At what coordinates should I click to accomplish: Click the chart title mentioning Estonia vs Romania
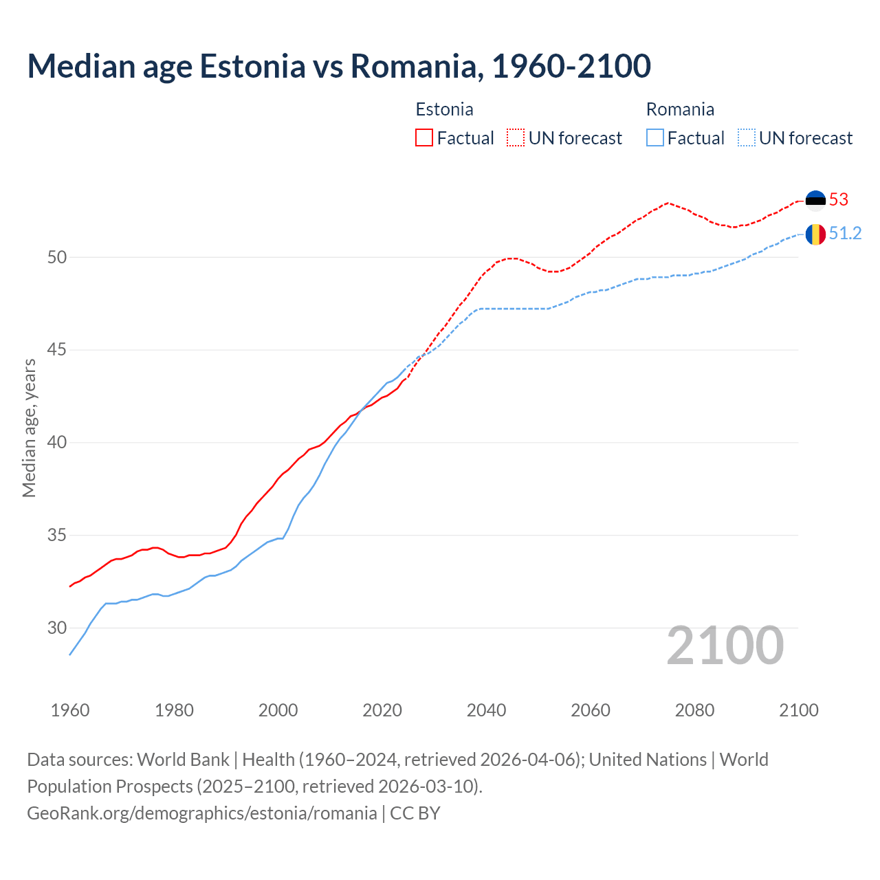click(x=339, y=66)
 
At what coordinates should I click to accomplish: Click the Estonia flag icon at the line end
click(x=815, y=199)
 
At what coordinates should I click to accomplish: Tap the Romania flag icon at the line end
click(x=815, y=234)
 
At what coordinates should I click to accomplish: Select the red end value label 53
click(x=839, y=199)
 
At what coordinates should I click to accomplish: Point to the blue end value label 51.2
click(x=845, y=234)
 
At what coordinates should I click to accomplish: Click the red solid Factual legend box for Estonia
click(x=424, y=137)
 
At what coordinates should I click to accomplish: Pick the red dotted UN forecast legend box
click(x=516, y=137)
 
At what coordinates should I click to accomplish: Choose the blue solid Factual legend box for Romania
click(x=655, y=137)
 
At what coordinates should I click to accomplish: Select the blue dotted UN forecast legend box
click(x=747, y=137)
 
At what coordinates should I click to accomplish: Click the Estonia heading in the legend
click(x=444, y=109)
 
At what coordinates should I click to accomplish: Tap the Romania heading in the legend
click(x=680, y=109)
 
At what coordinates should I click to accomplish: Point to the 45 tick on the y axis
click(x=57, y=350)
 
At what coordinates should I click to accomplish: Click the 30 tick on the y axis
click(x=57, y=628)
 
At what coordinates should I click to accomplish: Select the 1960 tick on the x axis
click(x=70, y=710)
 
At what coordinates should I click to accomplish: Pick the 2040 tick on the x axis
click(x=487, y=710)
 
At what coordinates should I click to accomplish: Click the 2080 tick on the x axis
click(x=694, y=710)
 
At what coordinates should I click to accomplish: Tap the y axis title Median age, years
click(x=29, y=428)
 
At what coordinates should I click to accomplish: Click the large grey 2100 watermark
click(x=725, y=645)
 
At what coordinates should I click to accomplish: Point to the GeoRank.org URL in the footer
click(x=201, y=813)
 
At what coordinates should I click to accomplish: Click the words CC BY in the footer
click(x=415, y=813)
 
